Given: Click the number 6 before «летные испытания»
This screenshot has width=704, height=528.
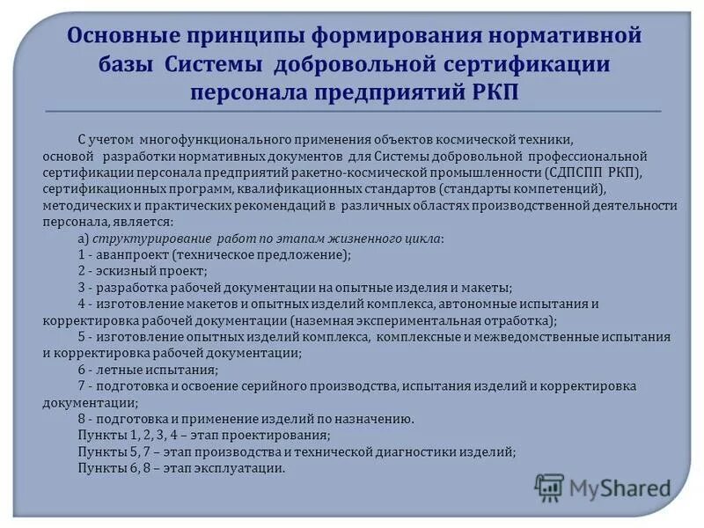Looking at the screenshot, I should pyautogui.click(x=81, y=370).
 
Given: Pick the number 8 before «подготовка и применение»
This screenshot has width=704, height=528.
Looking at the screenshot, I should pyautogui.click(x=81, y=419).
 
